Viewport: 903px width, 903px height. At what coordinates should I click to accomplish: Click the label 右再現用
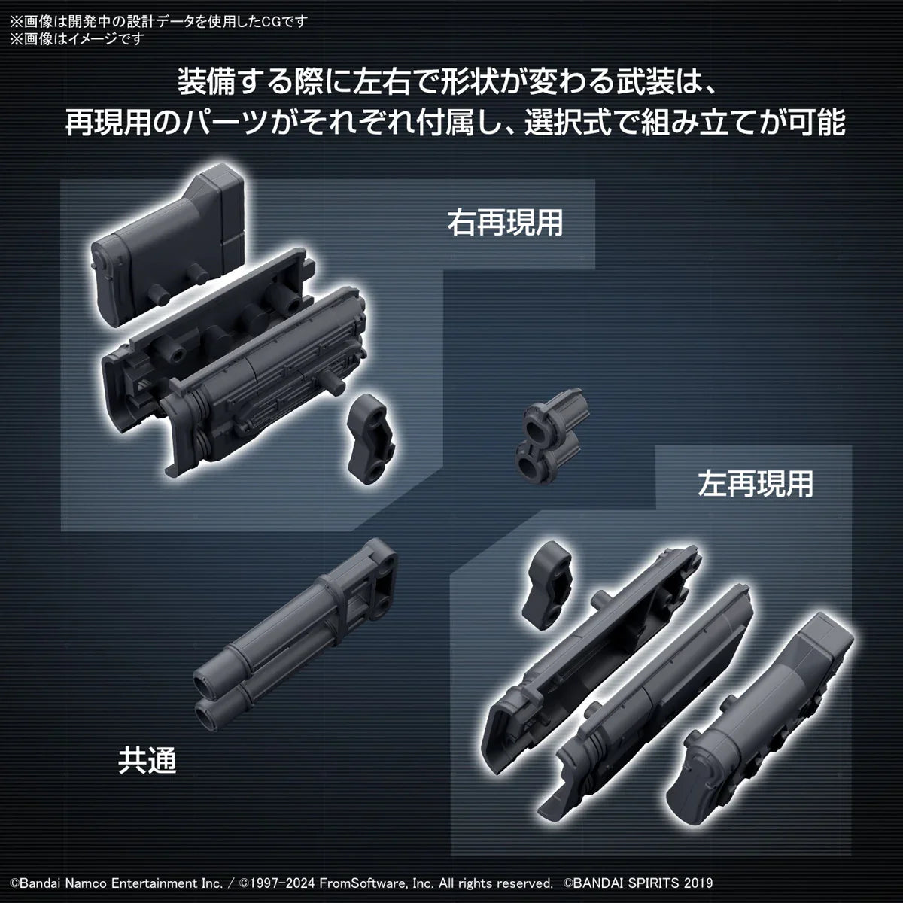click(x=505, y=223)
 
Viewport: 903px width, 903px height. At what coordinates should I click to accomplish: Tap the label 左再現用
click(x=756, y=484)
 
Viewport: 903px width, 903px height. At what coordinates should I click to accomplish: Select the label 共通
click(x=147, y=761)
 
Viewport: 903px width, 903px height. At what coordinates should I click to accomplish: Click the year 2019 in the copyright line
click(x=696, y=882)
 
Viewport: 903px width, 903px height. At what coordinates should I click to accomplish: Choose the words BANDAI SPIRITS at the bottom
click(x=624, y=882)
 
